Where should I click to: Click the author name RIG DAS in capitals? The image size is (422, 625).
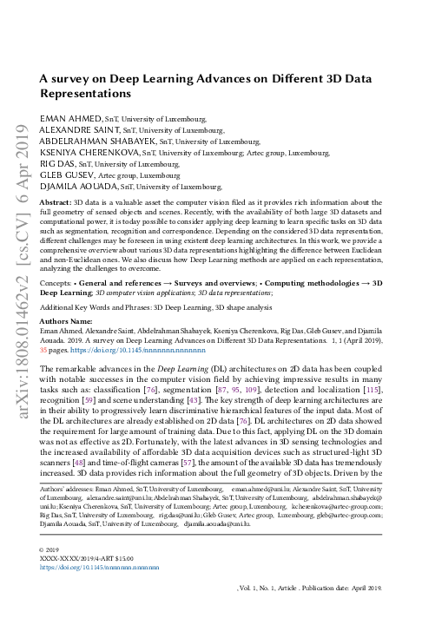57,162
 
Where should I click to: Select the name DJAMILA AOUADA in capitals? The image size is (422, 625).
80,185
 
